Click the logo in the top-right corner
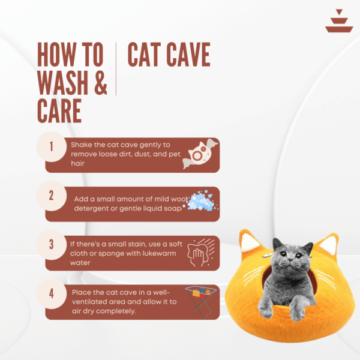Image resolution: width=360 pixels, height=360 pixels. coord(339,21)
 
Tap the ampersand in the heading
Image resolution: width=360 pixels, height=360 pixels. coord(101,83)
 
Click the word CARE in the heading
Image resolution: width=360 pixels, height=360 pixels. coord(59,111)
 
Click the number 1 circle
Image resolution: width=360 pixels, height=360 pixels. coord(52,146)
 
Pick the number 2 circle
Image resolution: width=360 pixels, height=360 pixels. coord(52,196)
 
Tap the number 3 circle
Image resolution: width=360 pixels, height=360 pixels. coord(52,245)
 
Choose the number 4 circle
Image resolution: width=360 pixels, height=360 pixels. coord(52,293)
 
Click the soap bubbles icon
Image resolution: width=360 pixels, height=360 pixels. coord(201,200)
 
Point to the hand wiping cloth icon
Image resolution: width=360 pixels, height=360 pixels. coord(201,253)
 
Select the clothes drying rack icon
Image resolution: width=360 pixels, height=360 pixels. coord(201,301)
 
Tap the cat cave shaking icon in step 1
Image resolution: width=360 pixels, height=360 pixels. coord(200,154)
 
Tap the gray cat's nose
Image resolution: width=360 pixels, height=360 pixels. coord(290,260)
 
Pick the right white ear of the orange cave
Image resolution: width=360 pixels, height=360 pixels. coord(329,245)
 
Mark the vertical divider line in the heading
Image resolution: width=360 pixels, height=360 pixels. coord(116,68)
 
